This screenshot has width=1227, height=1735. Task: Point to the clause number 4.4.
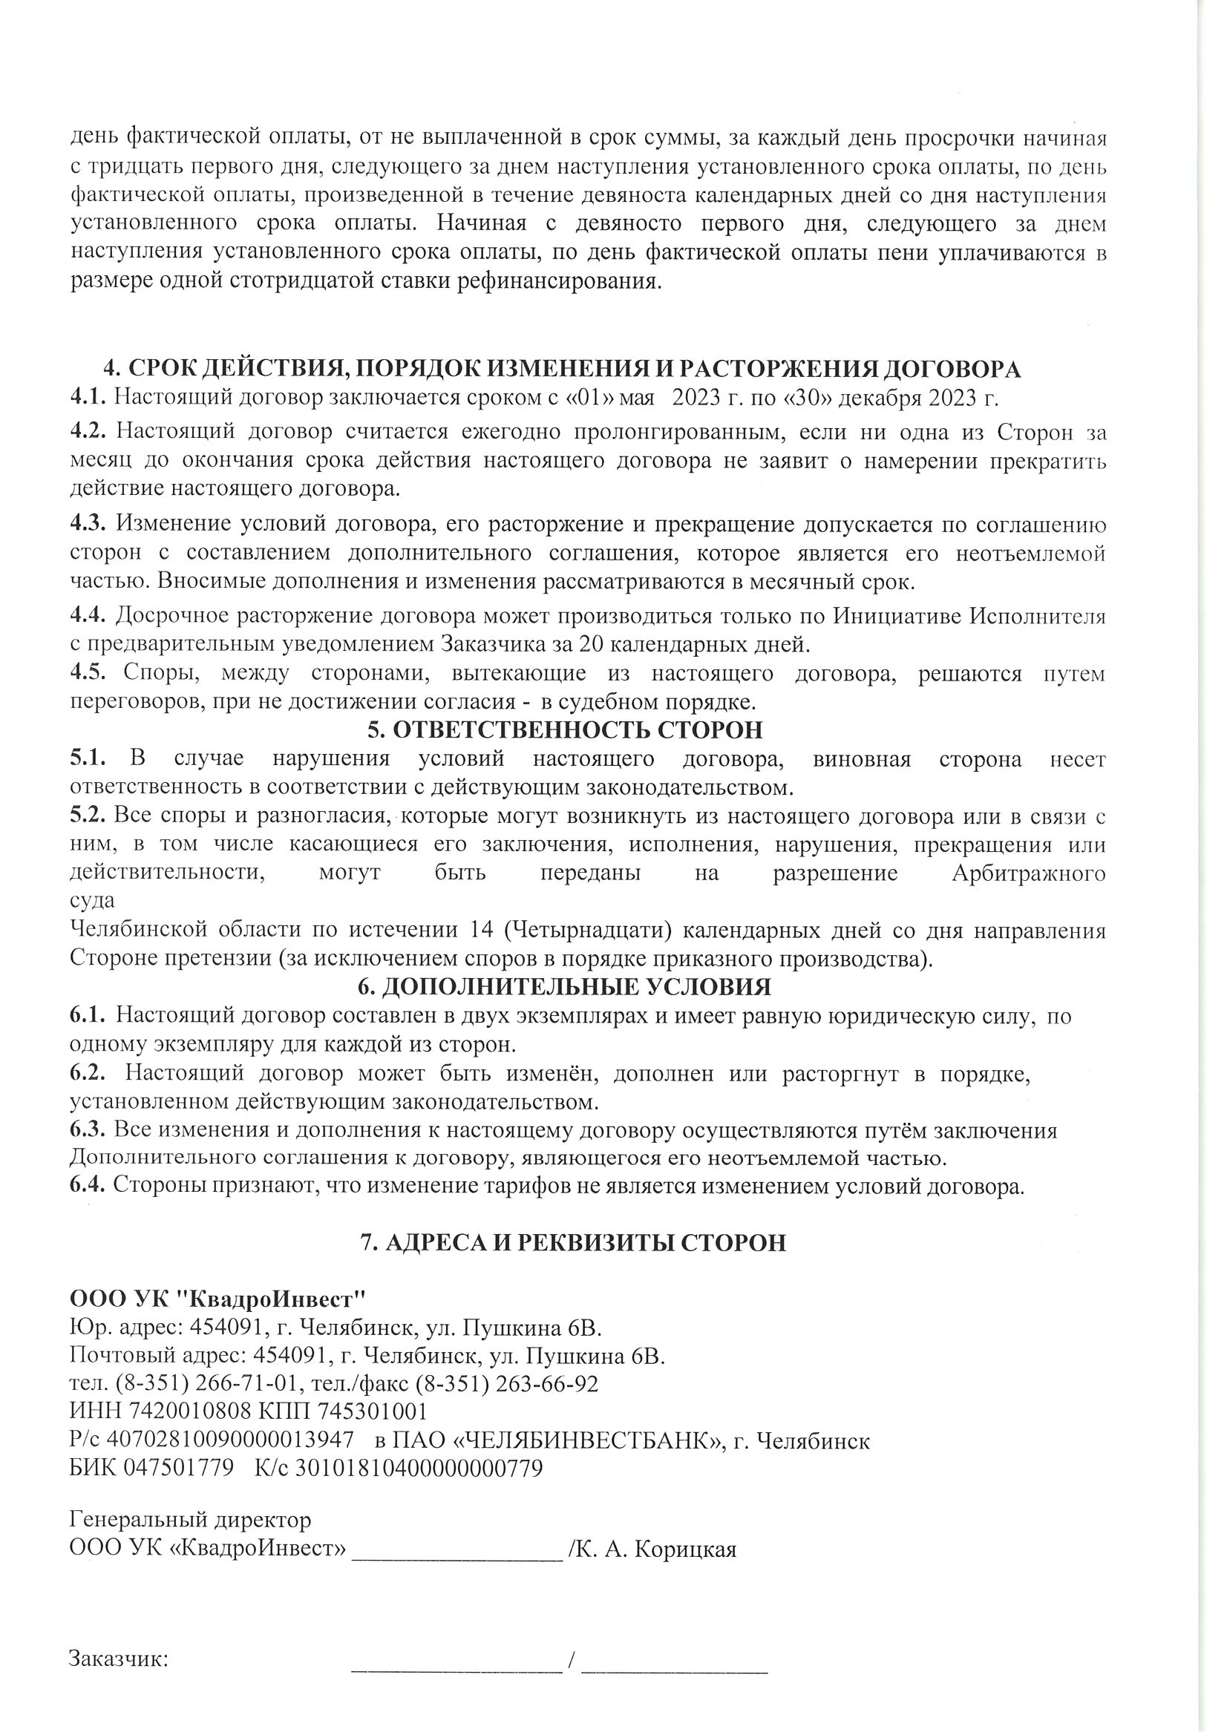(x=89, y=616)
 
